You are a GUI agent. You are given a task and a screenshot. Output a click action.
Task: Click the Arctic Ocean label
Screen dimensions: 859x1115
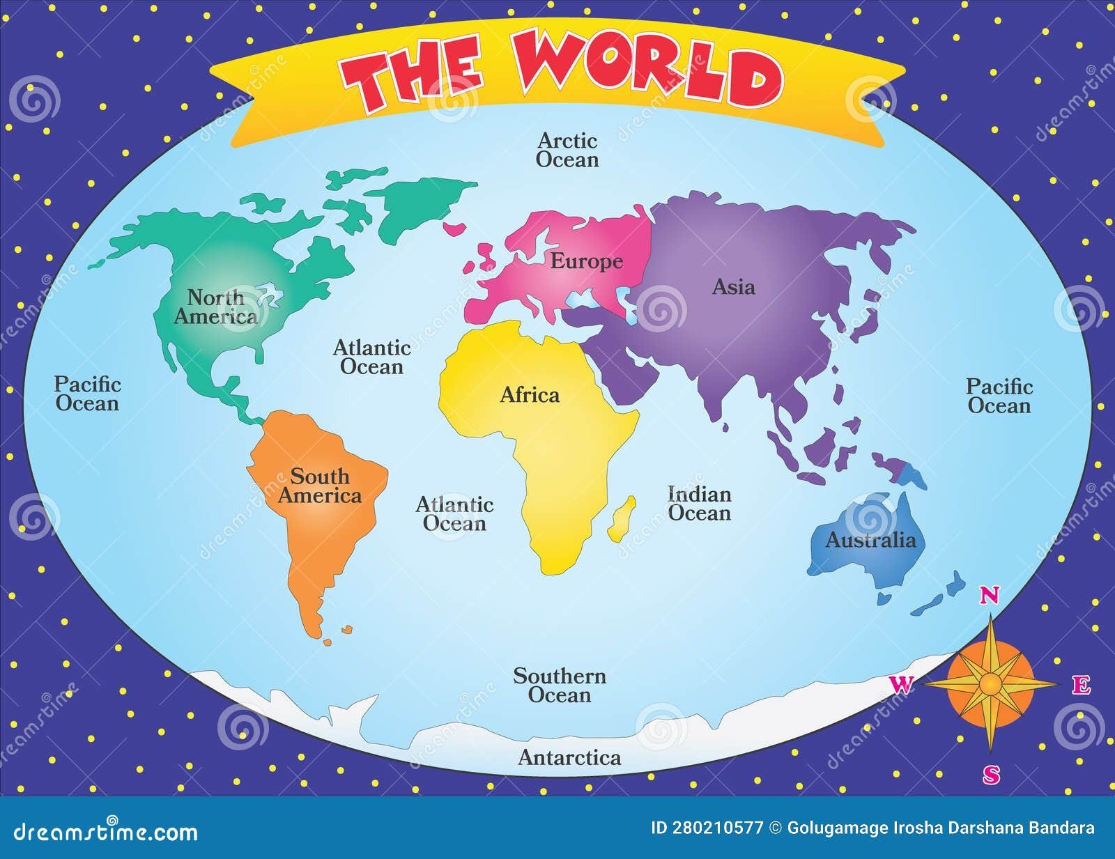[x=567, y=150]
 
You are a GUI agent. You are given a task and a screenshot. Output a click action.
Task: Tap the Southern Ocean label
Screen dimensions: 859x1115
[x=560, y=685]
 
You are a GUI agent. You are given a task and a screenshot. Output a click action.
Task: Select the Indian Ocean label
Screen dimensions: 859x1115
[x=700, y=504]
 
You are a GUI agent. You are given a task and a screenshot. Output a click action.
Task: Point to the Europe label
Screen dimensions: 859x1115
[x=587, y=261]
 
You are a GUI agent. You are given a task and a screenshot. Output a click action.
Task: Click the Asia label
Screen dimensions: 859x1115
[x=733, y=286]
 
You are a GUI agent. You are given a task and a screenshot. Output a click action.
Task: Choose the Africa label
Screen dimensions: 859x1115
[x=530, y=395]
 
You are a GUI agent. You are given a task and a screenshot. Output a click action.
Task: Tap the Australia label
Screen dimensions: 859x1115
[x=870, y=540]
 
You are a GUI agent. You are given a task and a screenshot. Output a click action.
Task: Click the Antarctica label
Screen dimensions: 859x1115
[x=569, y=757]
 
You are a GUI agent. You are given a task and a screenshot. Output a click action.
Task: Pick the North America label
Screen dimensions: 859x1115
[x=215, y=307]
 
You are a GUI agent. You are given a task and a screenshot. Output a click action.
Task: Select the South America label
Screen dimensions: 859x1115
[x=320, y=486]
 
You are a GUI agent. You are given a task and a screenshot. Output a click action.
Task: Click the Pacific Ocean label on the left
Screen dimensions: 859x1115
[x=88, y=394]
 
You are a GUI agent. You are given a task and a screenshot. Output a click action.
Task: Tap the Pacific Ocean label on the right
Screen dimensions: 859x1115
[x=999, y=396]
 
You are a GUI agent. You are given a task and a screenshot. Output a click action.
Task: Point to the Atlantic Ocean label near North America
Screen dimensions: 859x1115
[x=372, y=357]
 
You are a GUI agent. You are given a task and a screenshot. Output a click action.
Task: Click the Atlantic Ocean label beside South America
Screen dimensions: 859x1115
[x=454, y=513]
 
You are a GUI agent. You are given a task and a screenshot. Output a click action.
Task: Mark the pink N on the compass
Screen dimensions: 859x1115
[x=990, y=595]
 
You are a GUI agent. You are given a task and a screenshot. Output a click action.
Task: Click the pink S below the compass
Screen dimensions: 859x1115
[x=991, y=774]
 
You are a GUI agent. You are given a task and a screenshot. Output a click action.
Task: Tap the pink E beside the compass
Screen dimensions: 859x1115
[x=1081, y=686]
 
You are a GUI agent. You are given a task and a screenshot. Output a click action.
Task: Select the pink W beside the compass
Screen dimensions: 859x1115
[x=901, y=685]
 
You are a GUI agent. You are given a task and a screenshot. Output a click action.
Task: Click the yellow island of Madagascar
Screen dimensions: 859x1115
[x=622, y=519]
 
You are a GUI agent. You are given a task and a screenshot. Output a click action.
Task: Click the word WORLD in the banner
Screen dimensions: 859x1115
[x=648, y=70]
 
